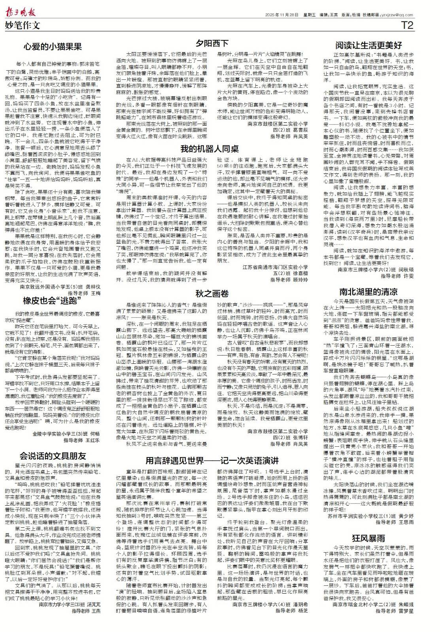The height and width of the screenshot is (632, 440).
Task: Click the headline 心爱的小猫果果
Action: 53,47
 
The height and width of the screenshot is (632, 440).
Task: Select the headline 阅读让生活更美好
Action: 368,44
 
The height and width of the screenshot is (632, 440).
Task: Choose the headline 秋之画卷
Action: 212,293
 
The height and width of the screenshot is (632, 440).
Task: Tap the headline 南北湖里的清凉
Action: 368,292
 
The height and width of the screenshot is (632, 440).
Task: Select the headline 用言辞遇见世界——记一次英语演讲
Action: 212,461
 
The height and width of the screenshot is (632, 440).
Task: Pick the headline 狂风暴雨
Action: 368,538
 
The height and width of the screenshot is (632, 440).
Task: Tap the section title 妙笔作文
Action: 23,26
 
